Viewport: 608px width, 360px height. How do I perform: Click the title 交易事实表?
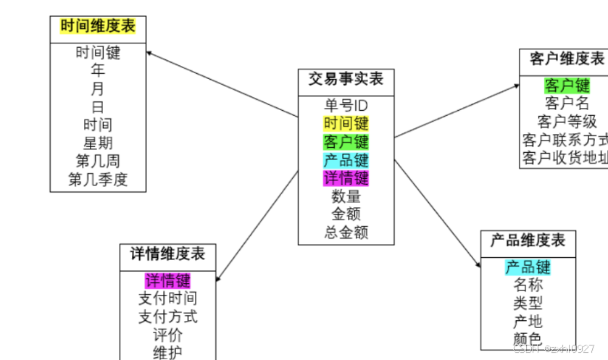click(346, 78)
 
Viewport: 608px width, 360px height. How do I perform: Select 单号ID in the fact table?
click(346, 105)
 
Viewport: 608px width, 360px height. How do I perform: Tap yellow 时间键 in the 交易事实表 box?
click(346, 123)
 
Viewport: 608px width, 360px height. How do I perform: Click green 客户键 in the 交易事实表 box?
click(346, 141)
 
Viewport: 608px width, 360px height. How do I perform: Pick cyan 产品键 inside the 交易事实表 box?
click(346, 159)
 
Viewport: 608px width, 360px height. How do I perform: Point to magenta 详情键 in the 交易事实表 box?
click(346, 177)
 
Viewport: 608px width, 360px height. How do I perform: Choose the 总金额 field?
click(346, 232)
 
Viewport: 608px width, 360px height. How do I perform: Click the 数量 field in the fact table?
click(346, 196)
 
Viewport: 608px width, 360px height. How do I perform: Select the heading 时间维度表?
click(98, 27)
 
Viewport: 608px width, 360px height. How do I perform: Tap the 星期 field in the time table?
click(98, 143)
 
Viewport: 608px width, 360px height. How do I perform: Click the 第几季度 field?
click(98, 179)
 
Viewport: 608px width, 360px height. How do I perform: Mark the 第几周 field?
click(98, 161)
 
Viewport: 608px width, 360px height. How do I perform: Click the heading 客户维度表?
click(566, 59)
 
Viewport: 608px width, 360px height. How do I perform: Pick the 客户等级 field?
click(567, 121)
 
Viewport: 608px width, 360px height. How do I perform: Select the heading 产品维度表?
click(528, 240)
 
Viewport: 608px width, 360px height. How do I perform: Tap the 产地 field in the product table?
click(528, 321)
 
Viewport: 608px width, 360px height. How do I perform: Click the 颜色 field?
click(528, 339)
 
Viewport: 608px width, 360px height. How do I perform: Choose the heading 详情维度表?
click(167, 254)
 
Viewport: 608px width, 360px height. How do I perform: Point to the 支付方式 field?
click(167, 317)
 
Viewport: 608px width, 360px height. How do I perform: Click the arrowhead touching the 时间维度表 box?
click(149, 53)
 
